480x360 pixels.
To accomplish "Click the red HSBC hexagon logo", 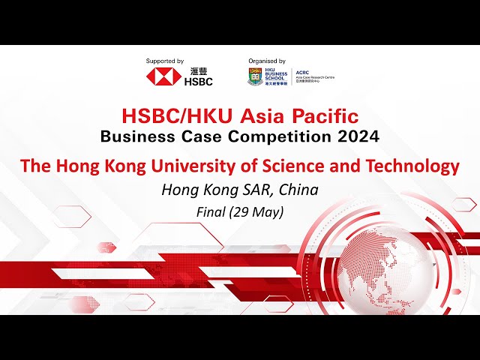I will click(x=160, y=76).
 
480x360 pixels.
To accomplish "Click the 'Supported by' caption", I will click(x=165, y=61).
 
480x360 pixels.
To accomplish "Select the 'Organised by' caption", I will click(x=267, y=61).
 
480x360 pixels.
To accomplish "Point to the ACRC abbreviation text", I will click(x=302, y=72).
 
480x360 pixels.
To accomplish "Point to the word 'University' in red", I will click(x=212, y=166).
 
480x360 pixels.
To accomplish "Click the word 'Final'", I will click(x=210, y=211).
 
